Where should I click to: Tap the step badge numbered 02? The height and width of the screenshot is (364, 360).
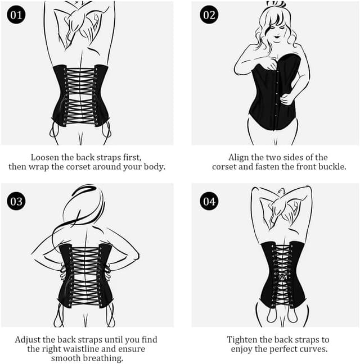point(209,15)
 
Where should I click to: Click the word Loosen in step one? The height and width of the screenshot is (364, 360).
point(46,157)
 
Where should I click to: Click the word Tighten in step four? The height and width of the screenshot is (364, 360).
point(244,340)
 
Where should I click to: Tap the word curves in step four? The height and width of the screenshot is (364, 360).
point(315,349)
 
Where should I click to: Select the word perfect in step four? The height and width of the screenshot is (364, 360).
point(286,349)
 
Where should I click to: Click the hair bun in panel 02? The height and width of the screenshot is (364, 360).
point(276,4)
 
